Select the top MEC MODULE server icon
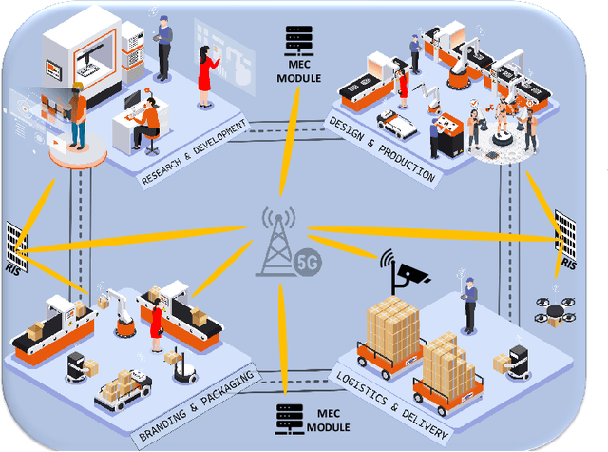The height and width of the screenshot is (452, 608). coord(298,39)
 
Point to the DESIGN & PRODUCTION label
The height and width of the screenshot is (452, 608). coord(382,149)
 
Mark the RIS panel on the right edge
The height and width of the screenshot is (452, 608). coord(567,237)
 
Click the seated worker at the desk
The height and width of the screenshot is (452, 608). coord(148,124)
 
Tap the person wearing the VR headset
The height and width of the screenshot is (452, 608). coord(76,109)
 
